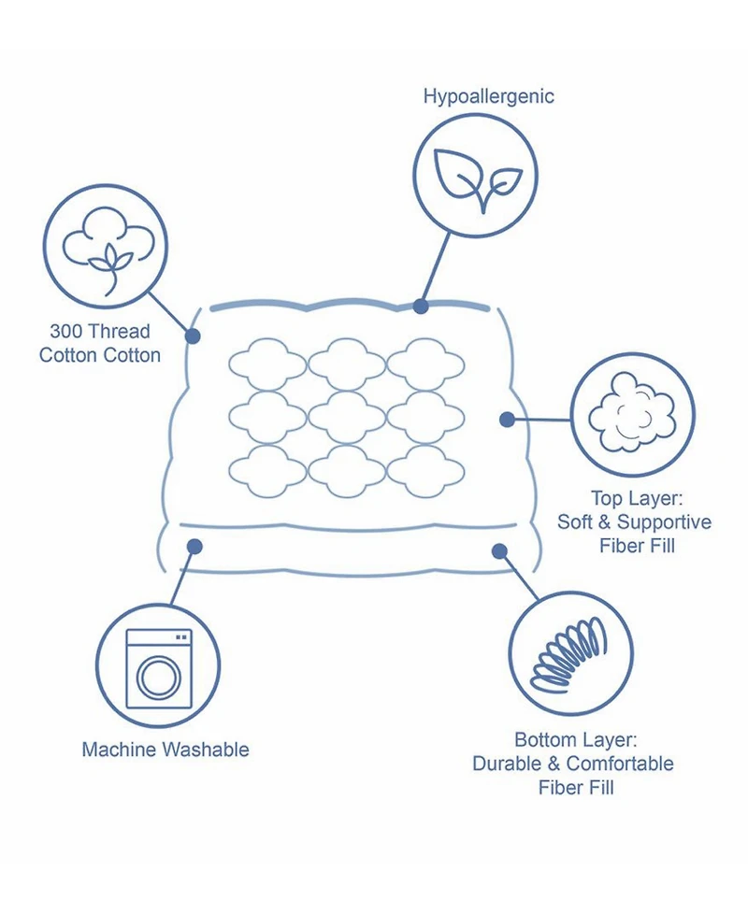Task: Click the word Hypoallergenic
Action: click(x=488, y=96)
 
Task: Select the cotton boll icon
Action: click(x=105, y=246)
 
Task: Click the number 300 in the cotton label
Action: click(x=65, y=332)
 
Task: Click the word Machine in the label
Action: click(x=119, y=750)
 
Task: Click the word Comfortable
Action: click(x=619, y=764)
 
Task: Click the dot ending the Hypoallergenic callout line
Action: click(x=421, y=306)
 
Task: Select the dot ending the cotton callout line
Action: click(x=194, y=336)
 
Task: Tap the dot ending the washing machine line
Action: click(x=195, y=546)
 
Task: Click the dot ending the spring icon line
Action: click(x=500, y=551)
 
